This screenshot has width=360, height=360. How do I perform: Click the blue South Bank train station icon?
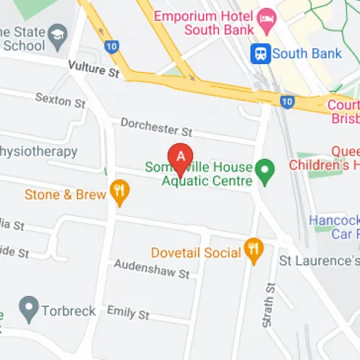click(260, 53)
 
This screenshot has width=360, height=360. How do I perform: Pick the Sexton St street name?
click(60, 101)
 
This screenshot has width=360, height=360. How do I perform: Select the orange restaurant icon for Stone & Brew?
click(119, 192)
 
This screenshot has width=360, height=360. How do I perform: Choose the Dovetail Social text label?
click(195, 253)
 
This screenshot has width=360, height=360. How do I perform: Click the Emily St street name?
click(127, 313)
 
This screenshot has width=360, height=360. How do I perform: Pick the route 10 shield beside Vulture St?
click(110, 45)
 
